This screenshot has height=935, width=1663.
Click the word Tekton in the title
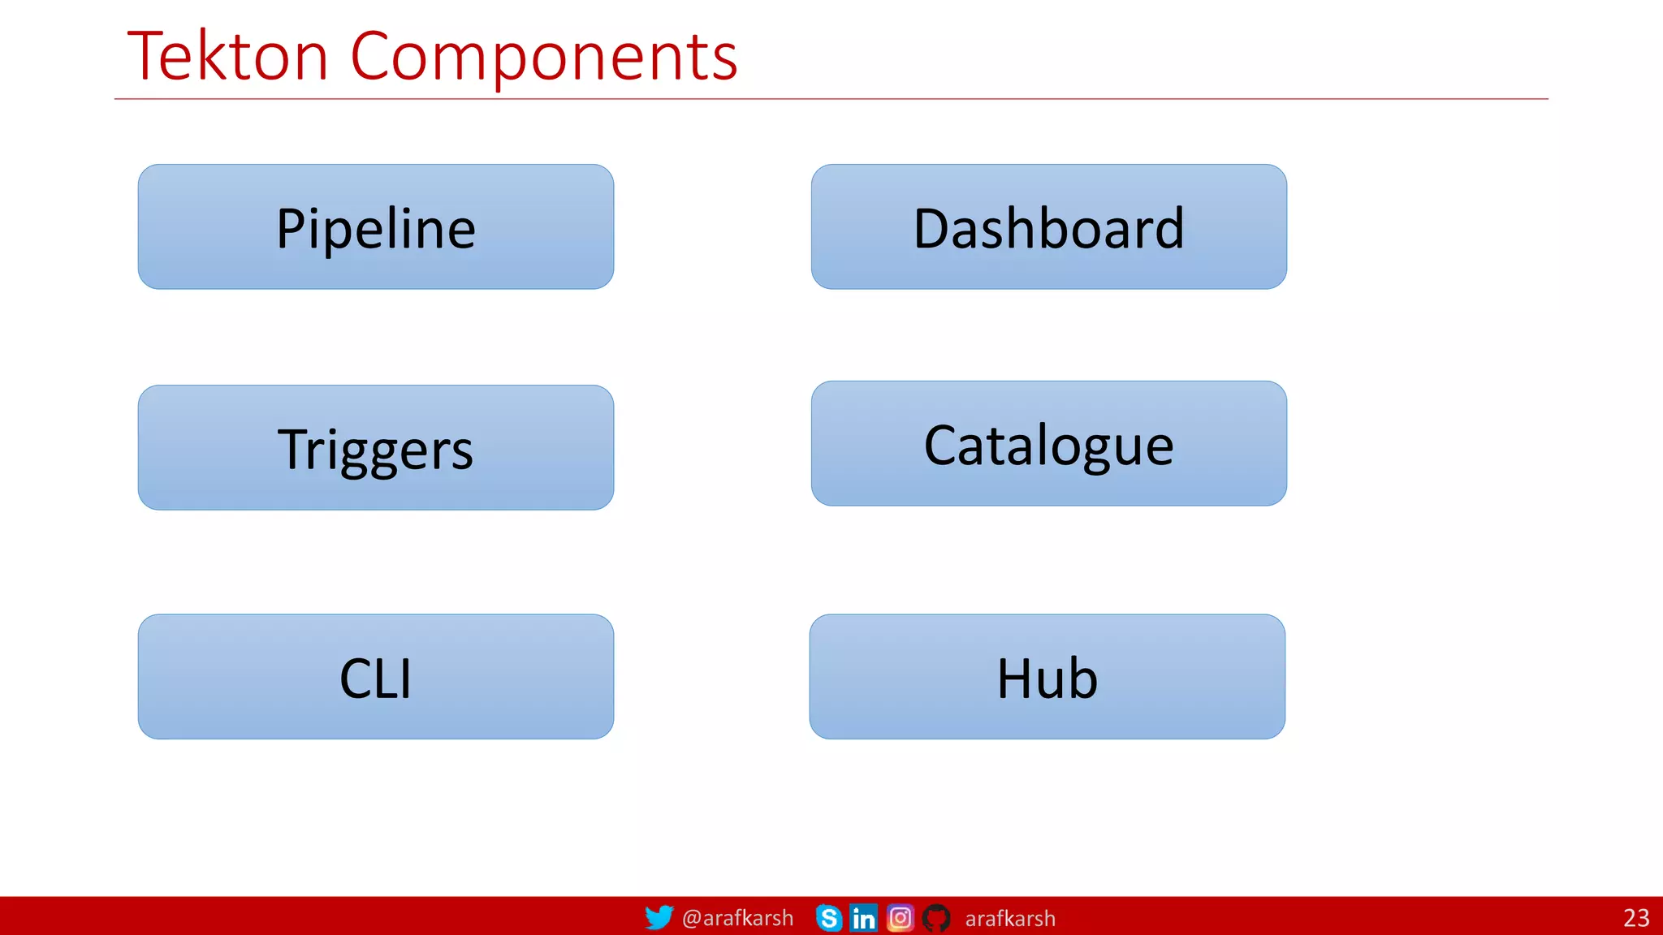coord(227,57)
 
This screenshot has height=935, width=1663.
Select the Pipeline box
coord(375,227)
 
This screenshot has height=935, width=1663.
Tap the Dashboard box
coord(1048,227)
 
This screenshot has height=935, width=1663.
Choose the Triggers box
coord(375,448)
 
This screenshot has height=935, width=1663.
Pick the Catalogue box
coord(1048,444)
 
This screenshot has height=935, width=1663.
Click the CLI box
coord(375,677)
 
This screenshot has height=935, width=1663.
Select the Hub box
coord(1047,677)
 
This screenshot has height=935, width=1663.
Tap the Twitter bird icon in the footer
coord(659,917)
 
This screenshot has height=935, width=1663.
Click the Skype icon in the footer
coord(828,918)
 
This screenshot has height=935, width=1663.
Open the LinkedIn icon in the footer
coord(863,918)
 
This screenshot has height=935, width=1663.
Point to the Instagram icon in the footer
coord(900,918)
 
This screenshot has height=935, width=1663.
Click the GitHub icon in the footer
coord(936,918)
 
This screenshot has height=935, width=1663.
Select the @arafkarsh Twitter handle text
coord(737,918)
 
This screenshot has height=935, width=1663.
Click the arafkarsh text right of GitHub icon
coord(1009,919)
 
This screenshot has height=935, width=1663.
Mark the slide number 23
coord(1635,918)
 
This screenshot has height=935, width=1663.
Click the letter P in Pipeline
coord(289,229)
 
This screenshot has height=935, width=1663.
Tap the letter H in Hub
coord(1013,679)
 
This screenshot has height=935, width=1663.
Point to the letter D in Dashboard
coord(931,229)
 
